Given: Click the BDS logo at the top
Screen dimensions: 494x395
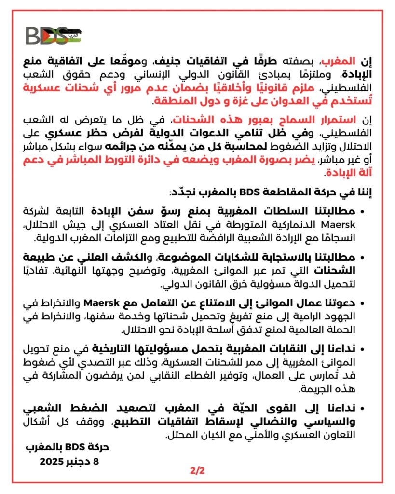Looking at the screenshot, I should coord(53,36).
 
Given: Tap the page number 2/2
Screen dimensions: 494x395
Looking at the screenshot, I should coord(198,470).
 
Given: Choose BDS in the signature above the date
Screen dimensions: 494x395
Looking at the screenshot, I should coord(73,447).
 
